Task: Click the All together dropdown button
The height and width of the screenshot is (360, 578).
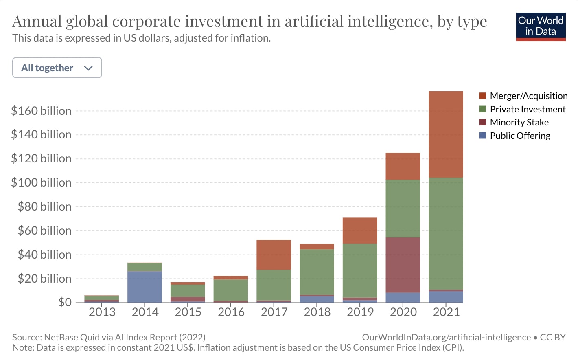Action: pyautogui.click(x=57, y=68)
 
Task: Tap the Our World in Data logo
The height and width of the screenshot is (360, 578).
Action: pyautogui.click(x=541, y=26)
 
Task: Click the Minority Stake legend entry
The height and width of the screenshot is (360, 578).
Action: pyautogui.click(x=519, y=122)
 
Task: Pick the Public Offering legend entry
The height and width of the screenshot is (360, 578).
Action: pyautogui.click(x=519, y=136)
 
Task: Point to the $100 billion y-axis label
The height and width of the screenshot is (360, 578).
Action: pyautogui.click(x=41, y=182)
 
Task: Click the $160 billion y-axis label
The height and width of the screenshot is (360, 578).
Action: pyautogui.click(x=41, y=111)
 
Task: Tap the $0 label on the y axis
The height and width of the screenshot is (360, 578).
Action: pyautogui.click(x=65, y=302)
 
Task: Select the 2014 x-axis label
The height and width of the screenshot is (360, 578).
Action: pyautogui.click(x=145, y=312)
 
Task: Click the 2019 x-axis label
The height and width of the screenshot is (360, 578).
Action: pyautogui.click(x=360, y=312)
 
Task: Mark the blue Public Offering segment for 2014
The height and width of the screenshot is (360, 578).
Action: pyautogui.click(x=144, y=287)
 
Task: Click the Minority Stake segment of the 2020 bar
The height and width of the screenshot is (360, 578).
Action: pyautogui.click(x=403, y=265)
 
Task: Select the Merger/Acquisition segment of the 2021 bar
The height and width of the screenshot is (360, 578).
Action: pyautogui.click(x=446, y=134)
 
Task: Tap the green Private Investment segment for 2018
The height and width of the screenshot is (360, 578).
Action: pyautogui.click(x=317, y=272)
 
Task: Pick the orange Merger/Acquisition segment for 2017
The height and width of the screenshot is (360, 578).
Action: pyautogui.click(x=274, y=255)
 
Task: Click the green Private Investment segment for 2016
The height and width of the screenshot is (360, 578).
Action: pyautogui.click(x=231, y=290)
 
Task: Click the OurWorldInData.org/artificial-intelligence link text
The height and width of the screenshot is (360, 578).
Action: pyautogui.click(x=446, y=337)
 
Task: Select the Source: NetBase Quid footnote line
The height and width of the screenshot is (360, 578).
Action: pyautogui.click(x=109, y=337)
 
